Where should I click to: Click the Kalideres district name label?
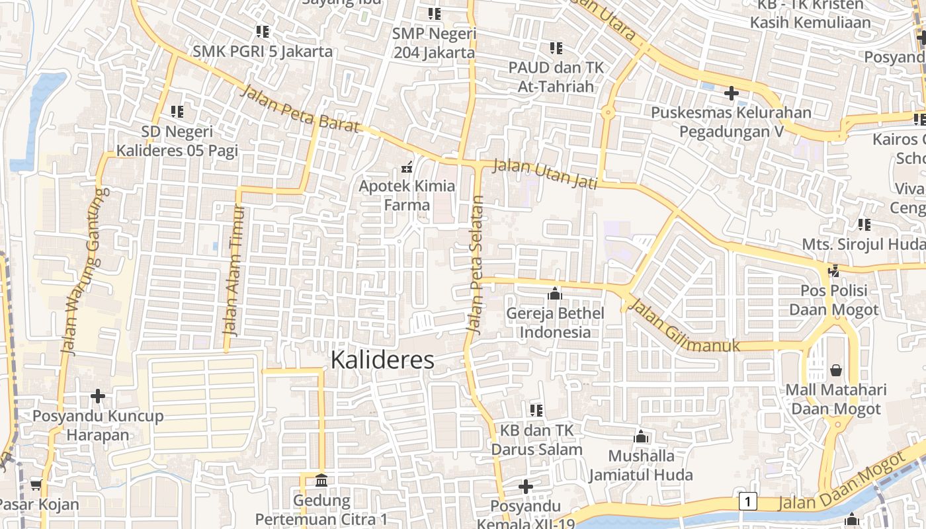click(x=382, y=360)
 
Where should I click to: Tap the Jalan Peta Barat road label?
click(x=300, y=108)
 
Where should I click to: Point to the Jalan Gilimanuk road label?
click(x=683, y=327)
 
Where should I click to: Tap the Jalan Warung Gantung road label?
click(x=83, y=271)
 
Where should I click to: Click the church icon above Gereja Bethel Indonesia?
click(x=555, y=293)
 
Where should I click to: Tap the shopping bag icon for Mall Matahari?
click(x=836, y=370)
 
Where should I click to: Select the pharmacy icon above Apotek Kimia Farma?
click(x=407, y=166)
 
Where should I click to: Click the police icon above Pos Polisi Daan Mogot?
click(x=833, y=270)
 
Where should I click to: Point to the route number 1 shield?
click(x=747, y=501)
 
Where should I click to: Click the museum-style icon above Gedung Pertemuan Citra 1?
click(x=321, y=479)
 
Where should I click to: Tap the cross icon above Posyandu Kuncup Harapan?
click(x=98, y=396)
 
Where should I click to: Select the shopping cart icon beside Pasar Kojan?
click(x=36, y=485)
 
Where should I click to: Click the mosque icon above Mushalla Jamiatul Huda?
click(x=640, y=436)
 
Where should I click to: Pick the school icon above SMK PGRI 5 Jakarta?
click(x=263, y=31)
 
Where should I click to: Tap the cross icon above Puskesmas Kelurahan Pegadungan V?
click(x=731, y=93)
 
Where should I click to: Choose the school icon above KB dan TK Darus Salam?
click(x=536, y=411)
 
